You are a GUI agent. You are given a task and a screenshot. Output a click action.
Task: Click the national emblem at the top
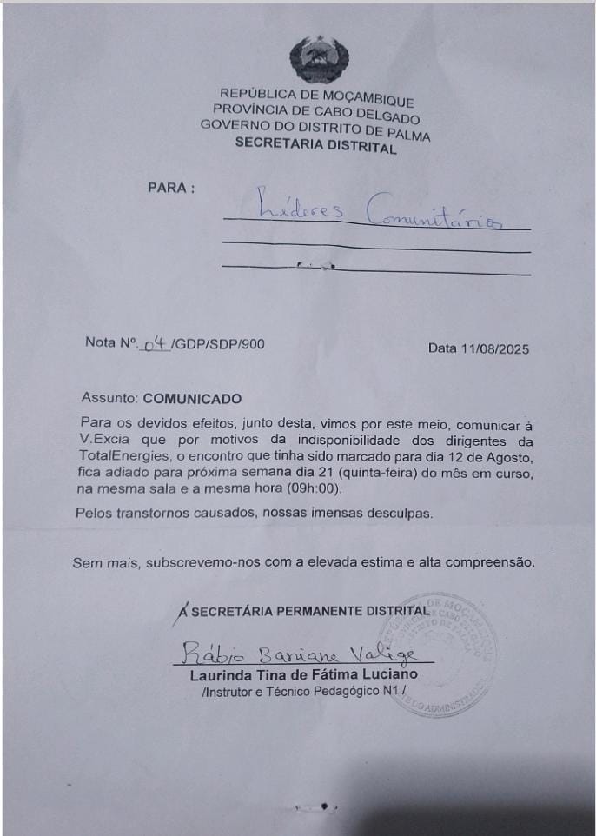point(319,59)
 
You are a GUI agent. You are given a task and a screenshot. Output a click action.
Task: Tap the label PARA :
point(171,188)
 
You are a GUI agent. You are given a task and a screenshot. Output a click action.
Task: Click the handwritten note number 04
point(156,344)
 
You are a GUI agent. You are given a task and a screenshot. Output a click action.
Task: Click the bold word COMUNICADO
point(192,399)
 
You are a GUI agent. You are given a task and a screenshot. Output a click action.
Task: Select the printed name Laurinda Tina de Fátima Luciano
point(303,674)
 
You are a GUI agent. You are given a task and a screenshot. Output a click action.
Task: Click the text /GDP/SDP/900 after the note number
point(218,344)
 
